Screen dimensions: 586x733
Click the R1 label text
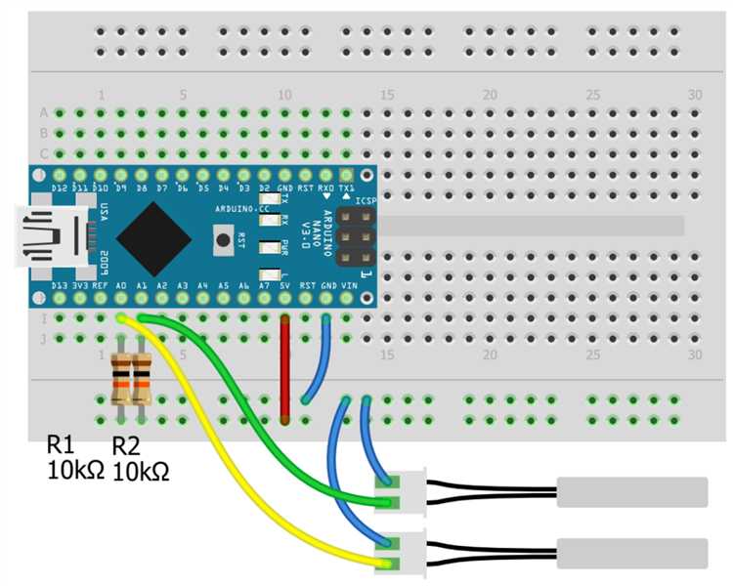(61, 443)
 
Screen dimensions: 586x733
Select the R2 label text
(127, 446)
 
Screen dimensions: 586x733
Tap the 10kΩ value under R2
(141, 472)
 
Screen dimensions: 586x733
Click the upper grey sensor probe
(631, 491)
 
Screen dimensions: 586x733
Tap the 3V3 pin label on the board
(80, 285)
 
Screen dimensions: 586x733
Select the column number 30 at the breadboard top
(695, 95)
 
